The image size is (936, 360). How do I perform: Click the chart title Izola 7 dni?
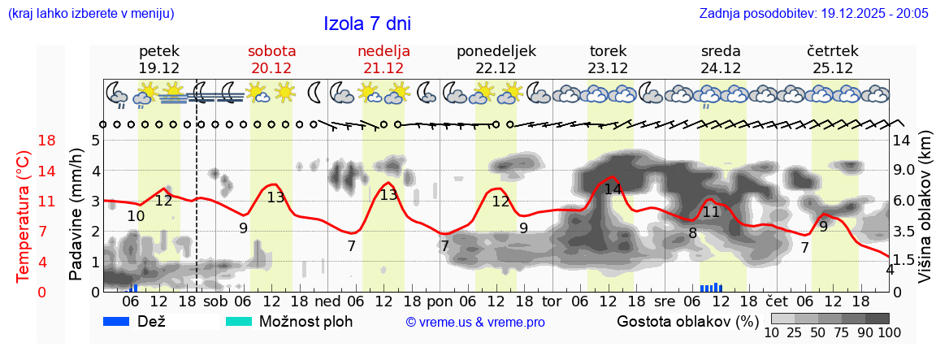coord(366,23)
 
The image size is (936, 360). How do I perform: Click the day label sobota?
coord(271,51)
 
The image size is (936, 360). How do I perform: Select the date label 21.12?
coord(383,68)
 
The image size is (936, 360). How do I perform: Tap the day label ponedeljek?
coord(496,51)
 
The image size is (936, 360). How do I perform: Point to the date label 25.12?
coord(832,68)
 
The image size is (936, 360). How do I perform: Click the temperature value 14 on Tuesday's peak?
coord(613,189)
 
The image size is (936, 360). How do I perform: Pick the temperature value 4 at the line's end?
coord(890,270)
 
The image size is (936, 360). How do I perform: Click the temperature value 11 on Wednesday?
coord(711,212)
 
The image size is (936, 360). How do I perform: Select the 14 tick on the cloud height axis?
coord(903,141)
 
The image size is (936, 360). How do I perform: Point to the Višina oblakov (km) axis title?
coord(925,208)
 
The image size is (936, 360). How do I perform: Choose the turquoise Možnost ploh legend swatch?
coord(239,321)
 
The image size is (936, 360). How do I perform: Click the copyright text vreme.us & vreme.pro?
coord(475,323)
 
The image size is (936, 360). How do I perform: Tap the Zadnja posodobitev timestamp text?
coord(813,14)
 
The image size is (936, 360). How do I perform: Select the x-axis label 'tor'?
coord(552,301)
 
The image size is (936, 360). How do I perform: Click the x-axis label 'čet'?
coord(776,301)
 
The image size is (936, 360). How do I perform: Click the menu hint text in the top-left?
coord(91,14)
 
